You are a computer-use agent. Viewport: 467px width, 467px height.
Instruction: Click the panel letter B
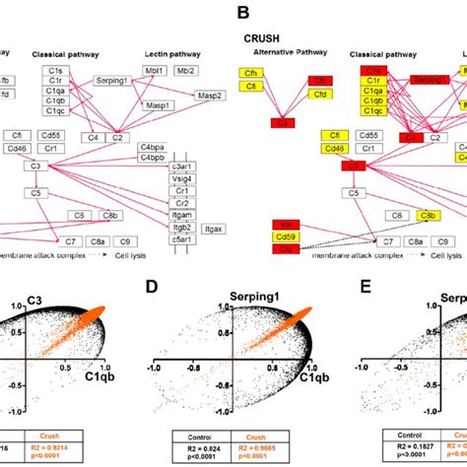pos(236,15)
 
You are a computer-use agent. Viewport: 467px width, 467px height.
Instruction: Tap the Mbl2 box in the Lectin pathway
pos(211,72)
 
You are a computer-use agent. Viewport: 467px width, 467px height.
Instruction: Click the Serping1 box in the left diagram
pos(116,80)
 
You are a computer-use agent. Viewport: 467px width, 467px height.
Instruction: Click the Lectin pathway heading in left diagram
pos(196,54)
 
